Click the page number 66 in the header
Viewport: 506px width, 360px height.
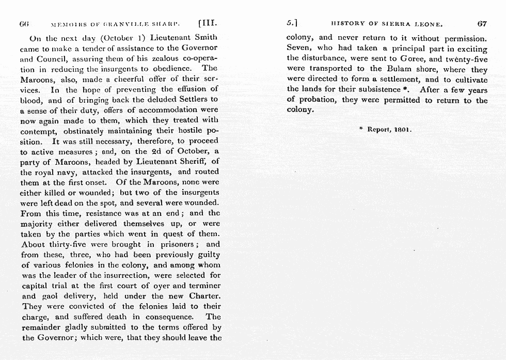[23, 24]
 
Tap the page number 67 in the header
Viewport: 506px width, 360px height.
[482, 24]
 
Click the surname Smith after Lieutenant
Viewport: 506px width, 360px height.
[207, 37]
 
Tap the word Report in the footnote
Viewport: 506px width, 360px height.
[378, 130]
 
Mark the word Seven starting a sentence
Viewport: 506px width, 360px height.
[298, 49]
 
